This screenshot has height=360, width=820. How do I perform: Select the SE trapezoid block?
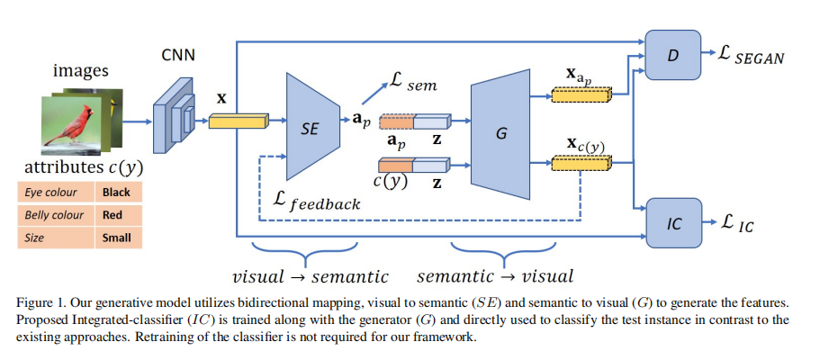click(x=308, y=127)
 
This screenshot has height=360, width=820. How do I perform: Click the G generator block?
click(x=500, y=132)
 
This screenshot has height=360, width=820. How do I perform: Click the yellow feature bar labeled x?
click(x=233, y=121)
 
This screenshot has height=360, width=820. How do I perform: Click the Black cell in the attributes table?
click(x=116, y=192)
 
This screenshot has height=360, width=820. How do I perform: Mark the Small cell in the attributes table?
click(x=116, y=238)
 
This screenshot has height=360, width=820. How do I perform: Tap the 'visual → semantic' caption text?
click(x=311, y=274)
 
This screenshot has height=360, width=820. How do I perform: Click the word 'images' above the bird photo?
click(x=81, y=71)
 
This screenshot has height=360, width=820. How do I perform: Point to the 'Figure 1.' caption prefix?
click(x=41, y=300)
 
